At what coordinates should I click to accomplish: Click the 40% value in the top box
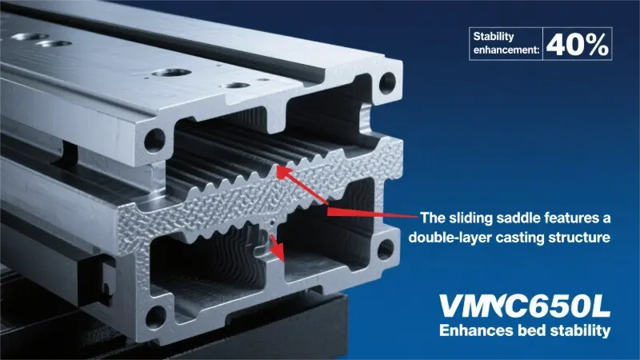(578, 44)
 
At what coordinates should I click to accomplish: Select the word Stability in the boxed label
(494, 36)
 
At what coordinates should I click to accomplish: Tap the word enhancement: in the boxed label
(506, 50)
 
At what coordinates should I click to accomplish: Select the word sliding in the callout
(470, 218)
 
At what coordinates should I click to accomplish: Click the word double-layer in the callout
(449, 237)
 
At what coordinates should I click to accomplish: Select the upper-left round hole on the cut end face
(154, 140)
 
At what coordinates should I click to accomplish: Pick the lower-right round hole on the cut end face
(386, 250)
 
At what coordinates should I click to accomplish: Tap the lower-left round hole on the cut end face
(155, 316)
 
